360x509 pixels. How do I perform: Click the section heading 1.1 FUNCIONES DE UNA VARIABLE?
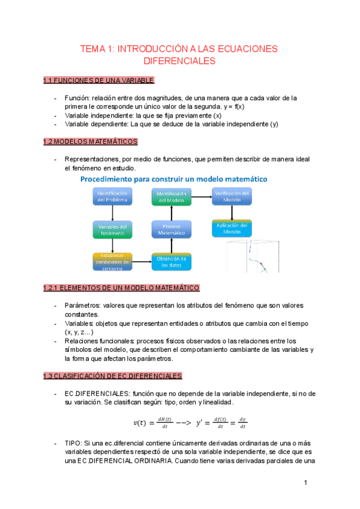99,81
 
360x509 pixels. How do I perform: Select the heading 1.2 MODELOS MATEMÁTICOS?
90,142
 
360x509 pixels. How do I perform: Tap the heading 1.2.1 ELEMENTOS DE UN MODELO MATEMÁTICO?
121,288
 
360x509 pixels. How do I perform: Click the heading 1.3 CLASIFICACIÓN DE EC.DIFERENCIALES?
112,376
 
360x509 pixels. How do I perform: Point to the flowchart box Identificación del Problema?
112,197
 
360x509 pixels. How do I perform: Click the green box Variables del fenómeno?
112,230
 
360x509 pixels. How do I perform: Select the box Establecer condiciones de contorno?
112,262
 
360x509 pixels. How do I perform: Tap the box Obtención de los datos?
172,262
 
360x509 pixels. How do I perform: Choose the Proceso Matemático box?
172,229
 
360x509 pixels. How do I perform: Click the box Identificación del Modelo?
172,197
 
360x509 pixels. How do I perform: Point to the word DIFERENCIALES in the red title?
180,61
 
